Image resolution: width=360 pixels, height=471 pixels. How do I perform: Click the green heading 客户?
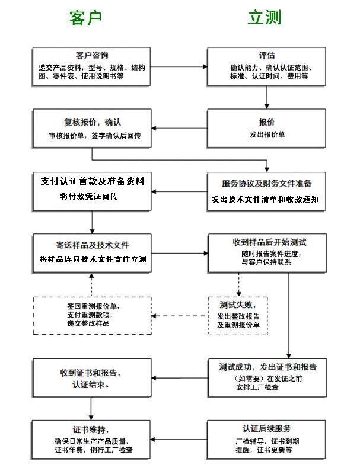[x=86, y=18]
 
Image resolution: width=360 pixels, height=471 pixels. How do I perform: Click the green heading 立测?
[x=265, y=18]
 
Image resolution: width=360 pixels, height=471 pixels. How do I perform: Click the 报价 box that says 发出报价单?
[x=267, y=128]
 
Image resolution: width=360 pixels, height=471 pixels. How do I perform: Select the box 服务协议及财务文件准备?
[x=267, y=191]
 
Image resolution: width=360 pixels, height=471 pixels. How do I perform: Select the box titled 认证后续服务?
[x=267, y=439]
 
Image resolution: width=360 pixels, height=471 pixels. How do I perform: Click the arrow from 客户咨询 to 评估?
[x=179, y=66]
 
